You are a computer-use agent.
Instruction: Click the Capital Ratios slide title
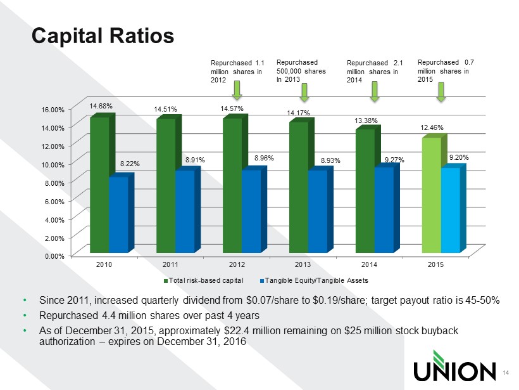pos(103,36)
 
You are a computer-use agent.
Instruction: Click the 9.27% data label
pos(395,160)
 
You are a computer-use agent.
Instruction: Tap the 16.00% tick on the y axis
pos(53,109)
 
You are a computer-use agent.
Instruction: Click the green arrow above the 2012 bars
pos(236,90)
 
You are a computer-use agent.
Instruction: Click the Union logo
pos(454,370)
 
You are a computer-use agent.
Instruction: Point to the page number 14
pos(505,372)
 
